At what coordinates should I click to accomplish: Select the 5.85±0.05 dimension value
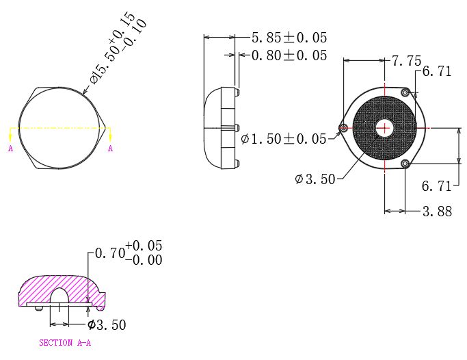pos(289,38)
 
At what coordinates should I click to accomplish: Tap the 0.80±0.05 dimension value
pos(289,55)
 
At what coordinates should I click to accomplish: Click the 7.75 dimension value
pos(406,62)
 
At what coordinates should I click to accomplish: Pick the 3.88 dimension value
pos(437,211)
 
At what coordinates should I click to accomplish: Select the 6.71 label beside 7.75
pos(437,71)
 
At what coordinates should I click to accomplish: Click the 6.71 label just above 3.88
pos(437,185)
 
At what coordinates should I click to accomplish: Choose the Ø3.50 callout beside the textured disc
pos(315,179)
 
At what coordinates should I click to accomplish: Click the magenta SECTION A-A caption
pos(65,343)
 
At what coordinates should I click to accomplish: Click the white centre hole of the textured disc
pos(384,127)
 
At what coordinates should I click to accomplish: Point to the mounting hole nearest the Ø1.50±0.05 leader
pos(343,127)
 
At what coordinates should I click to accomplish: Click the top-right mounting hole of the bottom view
pos(405,92)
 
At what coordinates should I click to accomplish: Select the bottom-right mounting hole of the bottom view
pos(405,163)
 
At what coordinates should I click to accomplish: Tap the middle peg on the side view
pos(236,127)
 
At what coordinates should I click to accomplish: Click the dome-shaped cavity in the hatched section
pos(61,295)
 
